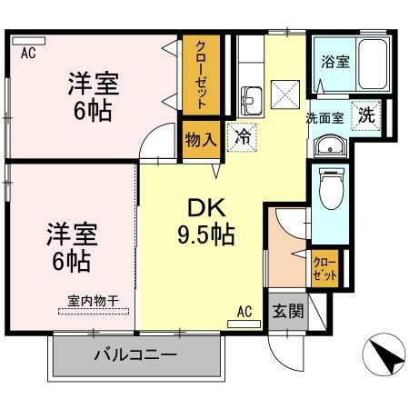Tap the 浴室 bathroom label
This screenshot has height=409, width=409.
335,63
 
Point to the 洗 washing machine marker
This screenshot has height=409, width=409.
365,115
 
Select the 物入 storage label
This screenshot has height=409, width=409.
199,139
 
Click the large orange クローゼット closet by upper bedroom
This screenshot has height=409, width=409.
200,76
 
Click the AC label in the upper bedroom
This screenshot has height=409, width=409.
28,52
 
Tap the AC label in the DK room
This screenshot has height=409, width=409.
244,312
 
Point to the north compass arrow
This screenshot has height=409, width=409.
385,355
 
